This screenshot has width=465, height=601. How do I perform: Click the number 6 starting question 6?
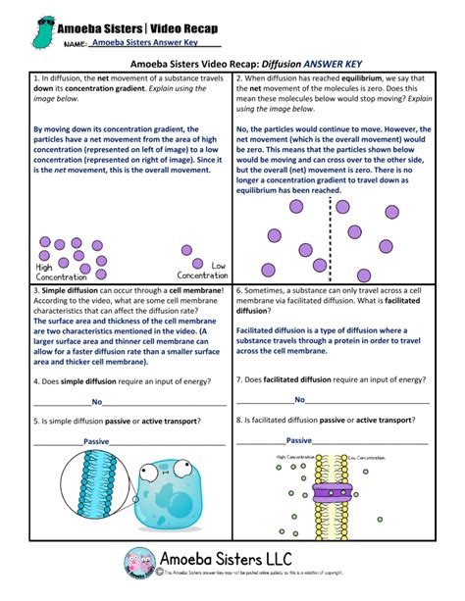(x=239, y=291)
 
